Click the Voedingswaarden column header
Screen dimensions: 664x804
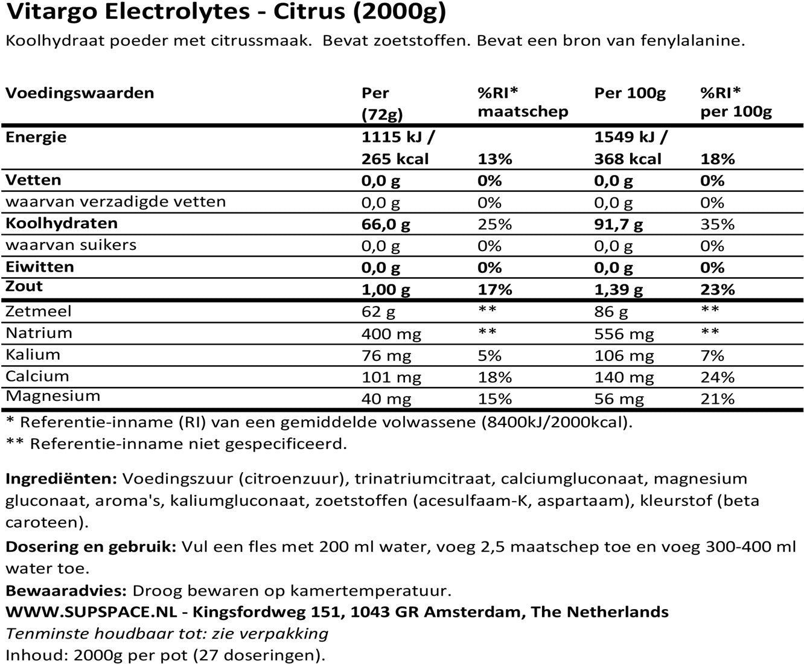[80, 93]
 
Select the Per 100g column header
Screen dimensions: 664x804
[630, 93]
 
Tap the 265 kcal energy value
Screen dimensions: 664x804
[395, 159]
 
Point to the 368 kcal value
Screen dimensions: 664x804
[628, 159]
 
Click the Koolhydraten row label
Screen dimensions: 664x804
[62, 223]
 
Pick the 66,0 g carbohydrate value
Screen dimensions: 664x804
[385, 224]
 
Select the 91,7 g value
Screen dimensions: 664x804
[618, 224]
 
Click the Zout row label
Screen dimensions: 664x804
[24, 286]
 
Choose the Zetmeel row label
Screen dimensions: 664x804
[39, 311]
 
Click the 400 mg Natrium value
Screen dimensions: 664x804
[391, 333]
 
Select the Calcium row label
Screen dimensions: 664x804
[37, 376]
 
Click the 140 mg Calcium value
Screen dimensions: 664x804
[624, 377]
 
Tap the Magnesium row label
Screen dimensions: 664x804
[53, 397]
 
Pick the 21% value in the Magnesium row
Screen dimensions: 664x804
[717, 398]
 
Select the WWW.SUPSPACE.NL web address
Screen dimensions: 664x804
[91, 611]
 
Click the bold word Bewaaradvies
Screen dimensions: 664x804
[66, 590]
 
